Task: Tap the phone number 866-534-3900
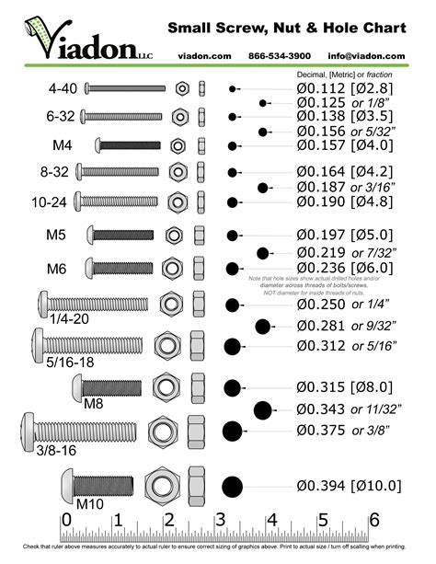pyautogui.click(x=280, y=56)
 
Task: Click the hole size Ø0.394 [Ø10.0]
pyautogui.click(x=350, y=486)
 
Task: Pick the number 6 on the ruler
pyautogui.click(x=373, y=521)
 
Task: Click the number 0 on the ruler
pyautogui.click(x=64, y=521)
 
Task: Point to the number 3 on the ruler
pyautogui.click(x=220, y=521)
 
